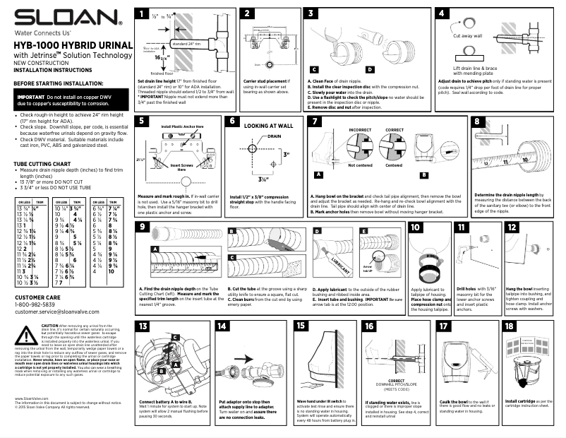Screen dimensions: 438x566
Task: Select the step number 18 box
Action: [510, 326]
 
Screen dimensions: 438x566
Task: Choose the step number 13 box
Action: [143, 326]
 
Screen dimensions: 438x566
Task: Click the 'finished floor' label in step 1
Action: [162, 73]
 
